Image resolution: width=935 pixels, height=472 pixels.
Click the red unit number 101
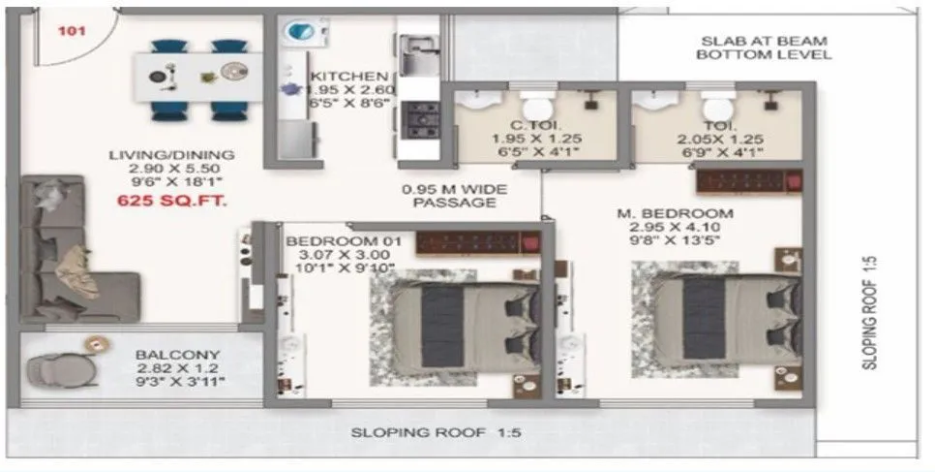(72, 30)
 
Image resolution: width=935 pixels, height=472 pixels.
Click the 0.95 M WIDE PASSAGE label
(454, 196)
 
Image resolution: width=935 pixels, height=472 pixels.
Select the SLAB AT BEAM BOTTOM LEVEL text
(764, 48)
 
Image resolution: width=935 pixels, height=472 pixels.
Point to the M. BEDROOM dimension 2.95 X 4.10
(678, 230)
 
